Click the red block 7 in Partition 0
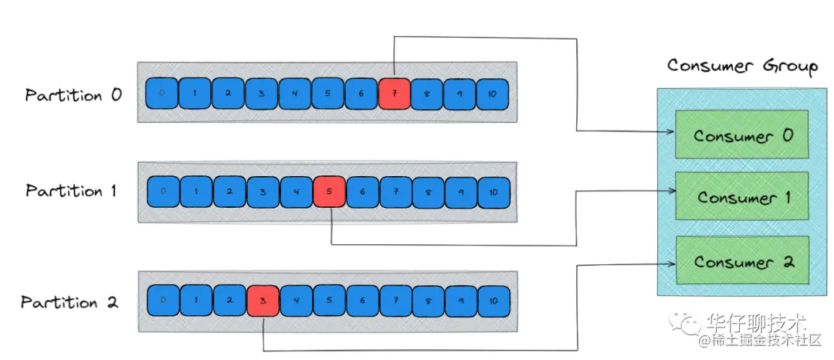[394, 93]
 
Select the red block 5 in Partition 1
[328, 191]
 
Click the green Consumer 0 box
[741, 135]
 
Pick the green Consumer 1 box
[741, 197]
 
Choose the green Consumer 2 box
[741, 261]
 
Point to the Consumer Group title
[741, 66]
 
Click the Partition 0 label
[73, 96]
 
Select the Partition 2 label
[69, 302]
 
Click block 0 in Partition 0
[161, 93]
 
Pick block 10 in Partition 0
[493, 93]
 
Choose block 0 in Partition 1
[161, 191]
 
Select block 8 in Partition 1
[428, 191]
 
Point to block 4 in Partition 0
[294, 93]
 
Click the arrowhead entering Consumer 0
[670, 132]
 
